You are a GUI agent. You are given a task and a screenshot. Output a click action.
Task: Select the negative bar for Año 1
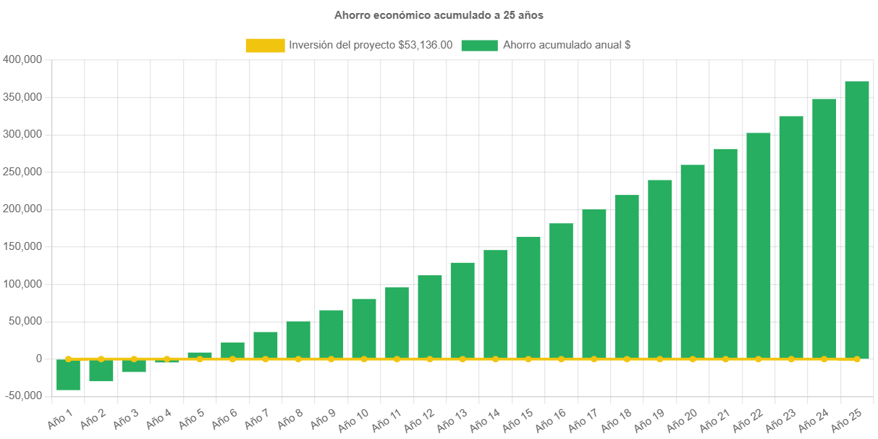pos(68,375)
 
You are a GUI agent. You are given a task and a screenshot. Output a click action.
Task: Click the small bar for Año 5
pos(200,355)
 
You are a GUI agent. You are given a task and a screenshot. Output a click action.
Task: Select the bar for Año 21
pos(725,254)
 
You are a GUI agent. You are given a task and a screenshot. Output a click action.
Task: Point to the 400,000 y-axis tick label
pos(24,59)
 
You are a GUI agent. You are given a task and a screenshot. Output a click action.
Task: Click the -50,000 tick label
pos(24,396)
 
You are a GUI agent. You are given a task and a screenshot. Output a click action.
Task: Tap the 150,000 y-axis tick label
pos(24,246)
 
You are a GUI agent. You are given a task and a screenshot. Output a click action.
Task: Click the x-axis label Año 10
pos(354,418)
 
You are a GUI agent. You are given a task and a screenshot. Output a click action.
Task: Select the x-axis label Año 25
pos(847,418)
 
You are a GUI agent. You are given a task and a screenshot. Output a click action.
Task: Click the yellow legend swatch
pos(265,46)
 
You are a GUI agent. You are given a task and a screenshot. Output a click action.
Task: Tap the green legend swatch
pos(479,46)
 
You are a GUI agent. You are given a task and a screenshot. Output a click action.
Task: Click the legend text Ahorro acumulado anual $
pos(567,45)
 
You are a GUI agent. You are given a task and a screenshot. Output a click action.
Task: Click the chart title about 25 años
pos(439,14)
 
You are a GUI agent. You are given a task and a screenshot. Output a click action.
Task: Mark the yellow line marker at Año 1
pos(68,359)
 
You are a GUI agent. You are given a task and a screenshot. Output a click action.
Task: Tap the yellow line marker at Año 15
pos(528,359)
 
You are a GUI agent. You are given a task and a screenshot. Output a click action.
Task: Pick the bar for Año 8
pos(298,340)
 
